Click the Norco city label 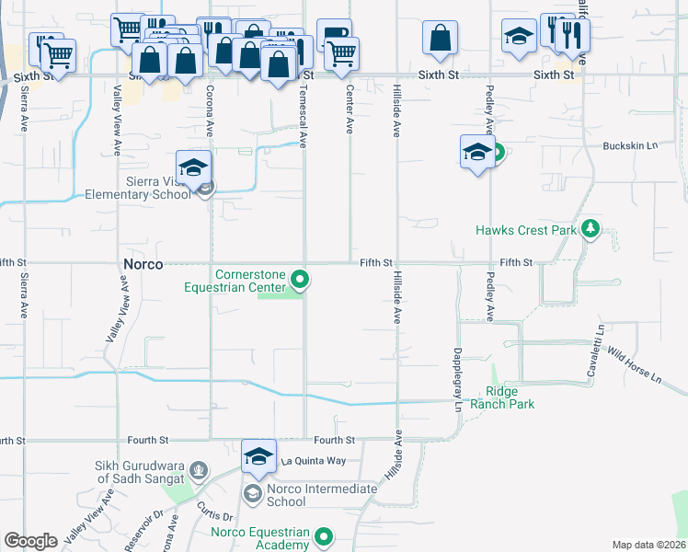(x=143, y=264)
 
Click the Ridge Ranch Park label (x=502, y=397)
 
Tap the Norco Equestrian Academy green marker (x=324, y=536)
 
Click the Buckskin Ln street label (x=631, y=145)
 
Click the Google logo (x=31, y=541)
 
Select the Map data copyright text (x=649, y=545)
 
